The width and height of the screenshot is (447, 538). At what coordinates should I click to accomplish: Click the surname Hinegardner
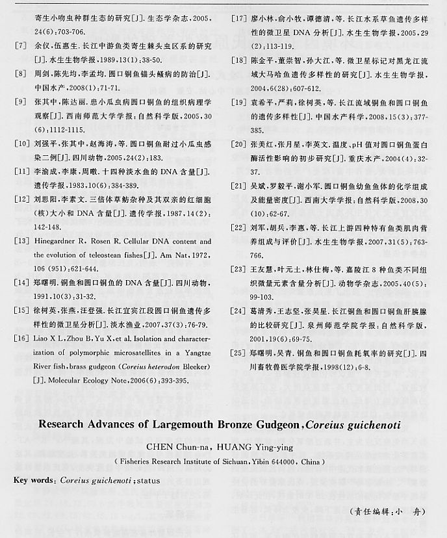(55, 241)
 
